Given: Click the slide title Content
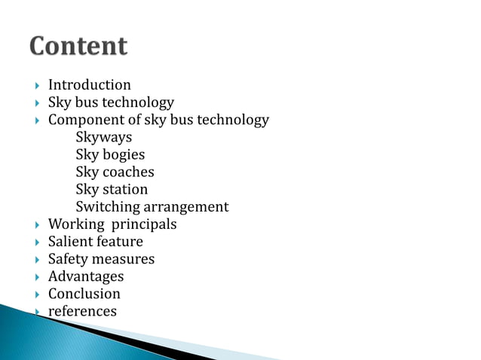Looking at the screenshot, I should coord(78,47).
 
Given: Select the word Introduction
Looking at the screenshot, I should coord(89,85).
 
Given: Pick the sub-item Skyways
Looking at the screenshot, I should coord(103,138).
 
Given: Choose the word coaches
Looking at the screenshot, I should coord(128,172).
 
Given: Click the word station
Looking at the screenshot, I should coord(124,190).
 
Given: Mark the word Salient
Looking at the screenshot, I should coord(70,242).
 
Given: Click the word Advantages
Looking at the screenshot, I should coord(85,276).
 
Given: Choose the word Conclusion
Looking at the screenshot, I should coord(84,294).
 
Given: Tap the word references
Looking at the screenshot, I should coord(82,311).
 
